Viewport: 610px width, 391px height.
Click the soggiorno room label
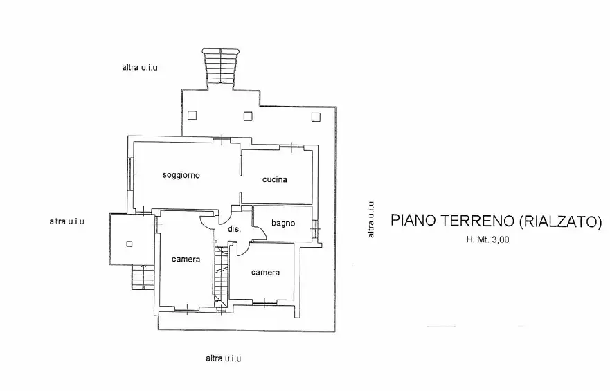coord(181,175)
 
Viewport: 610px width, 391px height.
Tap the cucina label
coord(274,179)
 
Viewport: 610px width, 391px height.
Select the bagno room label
coord(283,223)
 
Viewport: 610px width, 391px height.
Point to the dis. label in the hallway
coord(233,229)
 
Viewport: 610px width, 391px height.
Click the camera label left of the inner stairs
coord(186,260)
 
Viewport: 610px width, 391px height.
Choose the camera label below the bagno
coord(265,272)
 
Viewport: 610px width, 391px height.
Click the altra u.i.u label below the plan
coord(223,358)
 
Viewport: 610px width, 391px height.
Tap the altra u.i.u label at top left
coord(140,67)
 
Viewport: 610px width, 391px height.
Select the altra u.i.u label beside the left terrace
coord(66,221)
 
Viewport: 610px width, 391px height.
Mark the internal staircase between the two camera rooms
coord(220,277)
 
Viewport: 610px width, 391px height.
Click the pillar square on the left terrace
coord(129,243)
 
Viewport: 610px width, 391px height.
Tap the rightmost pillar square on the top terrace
coord(316,116)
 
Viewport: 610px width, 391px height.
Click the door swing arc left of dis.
coord(206,224)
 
